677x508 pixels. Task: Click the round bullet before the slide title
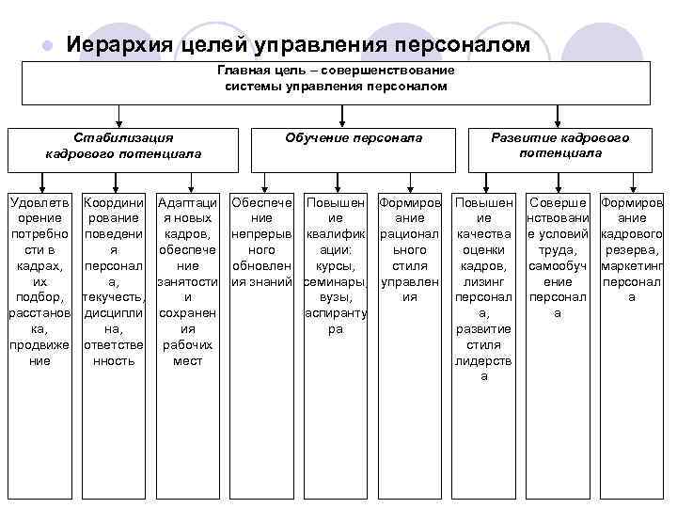click(x=45, y=46)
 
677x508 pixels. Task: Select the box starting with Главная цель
click(x=337, y=83)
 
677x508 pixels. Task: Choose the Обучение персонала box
click(x=354, y=146)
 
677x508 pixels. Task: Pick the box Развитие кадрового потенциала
click(x=560, y=146)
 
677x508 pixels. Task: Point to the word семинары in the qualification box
click(x=336, y=281)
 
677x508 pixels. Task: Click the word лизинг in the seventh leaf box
click(x=484, y=281)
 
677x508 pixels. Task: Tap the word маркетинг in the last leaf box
click(x=632, y=266)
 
